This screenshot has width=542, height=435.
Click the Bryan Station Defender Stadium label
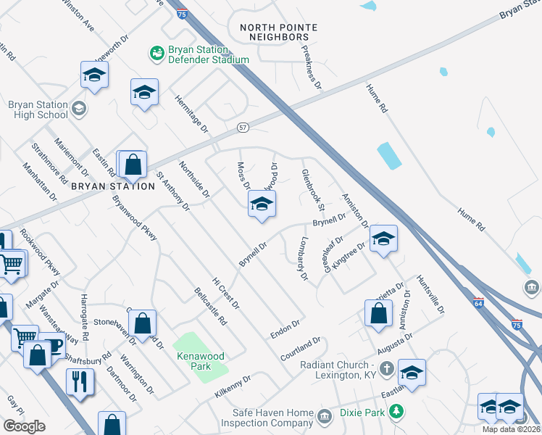(x=209, y=54)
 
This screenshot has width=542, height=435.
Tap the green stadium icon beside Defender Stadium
(x=156, y=52)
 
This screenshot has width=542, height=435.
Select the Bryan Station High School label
(x=38, y=109)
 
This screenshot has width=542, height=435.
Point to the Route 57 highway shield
(x=243, y=128)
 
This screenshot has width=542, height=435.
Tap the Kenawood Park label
(x=201, y=361)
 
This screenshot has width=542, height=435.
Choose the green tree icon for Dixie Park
(x=396, y=413)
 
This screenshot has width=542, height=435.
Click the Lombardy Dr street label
(x=302, y=259)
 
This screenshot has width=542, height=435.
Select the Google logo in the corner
(x=24, y=426)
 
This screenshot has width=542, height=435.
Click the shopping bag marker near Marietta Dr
(x=378, y=314)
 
